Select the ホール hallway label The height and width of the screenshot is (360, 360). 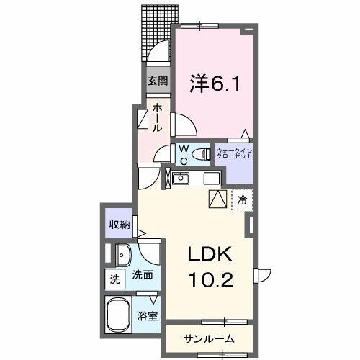[x=158, y=117]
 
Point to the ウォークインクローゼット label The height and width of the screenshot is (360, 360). [x=234, y=154]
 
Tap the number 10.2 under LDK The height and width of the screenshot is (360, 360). [x=212, y=279]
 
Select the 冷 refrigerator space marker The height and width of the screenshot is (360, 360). [x=243, y=200]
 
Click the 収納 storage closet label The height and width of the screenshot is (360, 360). [x=120, y=225]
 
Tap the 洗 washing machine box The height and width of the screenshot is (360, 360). [x=114, y=278]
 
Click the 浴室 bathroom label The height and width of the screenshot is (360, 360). [x=149, y=315]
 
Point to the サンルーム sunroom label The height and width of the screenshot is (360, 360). [x=207, y=338]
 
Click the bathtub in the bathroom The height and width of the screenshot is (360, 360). [x=121, y=315]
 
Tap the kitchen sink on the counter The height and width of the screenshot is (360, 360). [x=181, y=178]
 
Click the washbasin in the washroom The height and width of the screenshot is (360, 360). [x=123, y=253]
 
